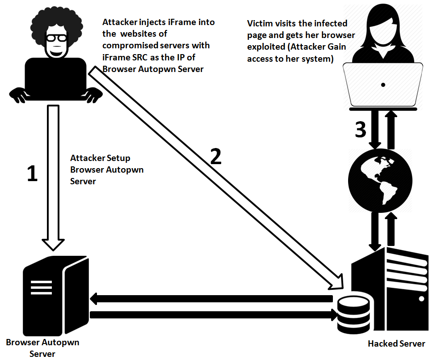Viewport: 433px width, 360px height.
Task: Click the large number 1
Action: click(32, 174)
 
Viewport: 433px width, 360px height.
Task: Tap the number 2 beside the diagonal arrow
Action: click(215, 157)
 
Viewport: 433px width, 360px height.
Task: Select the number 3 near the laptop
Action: click(360, 129)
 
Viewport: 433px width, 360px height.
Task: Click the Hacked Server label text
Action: click(396, 344)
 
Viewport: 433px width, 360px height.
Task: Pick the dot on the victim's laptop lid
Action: click(383, 85)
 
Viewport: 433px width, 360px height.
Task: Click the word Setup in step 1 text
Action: click(118, 158)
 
